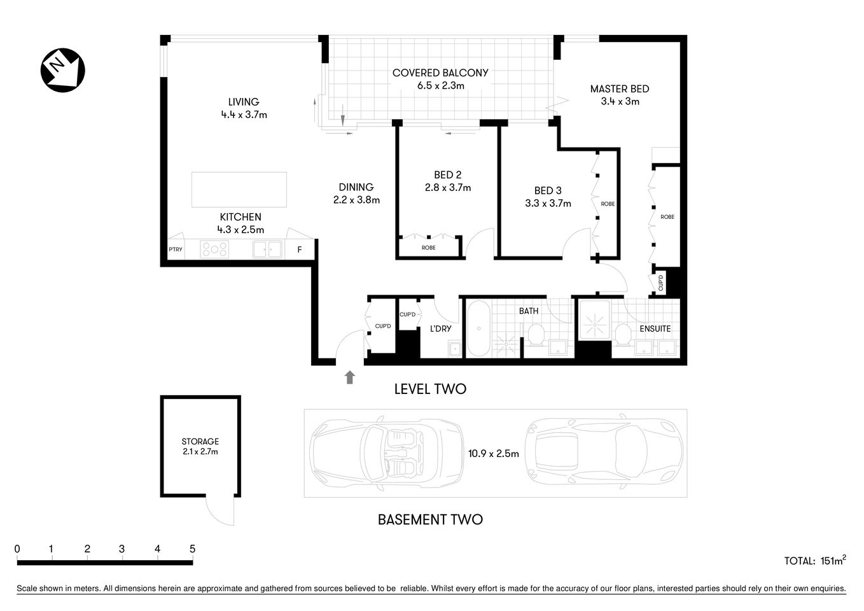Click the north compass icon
[x=62, y=70]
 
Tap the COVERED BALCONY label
[x=440, y=73]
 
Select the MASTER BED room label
[x=619, y=89]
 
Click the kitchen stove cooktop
[x=214, y=249]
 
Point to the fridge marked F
[x=300, y=250]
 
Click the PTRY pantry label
[x=175, y=249]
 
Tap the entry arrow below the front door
[x=349, y=377]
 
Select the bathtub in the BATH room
[x=478, y=329]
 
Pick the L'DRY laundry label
[x=440, y=328]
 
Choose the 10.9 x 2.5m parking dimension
[x=493, y=454]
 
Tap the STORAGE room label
[x=200, y=441]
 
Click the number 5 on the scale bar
[x=192, y=549]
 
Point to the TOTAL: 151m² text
[x=814, y=561]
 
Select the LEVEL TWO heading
[x=430, y=389]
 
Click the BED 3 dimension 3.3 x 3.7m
[x=548, y=204]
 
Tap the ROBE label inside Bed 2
[x=428, y=248]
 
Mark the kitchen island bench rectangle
[x=239, y=190]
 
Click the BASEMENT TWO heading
[x=430, y=519]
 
